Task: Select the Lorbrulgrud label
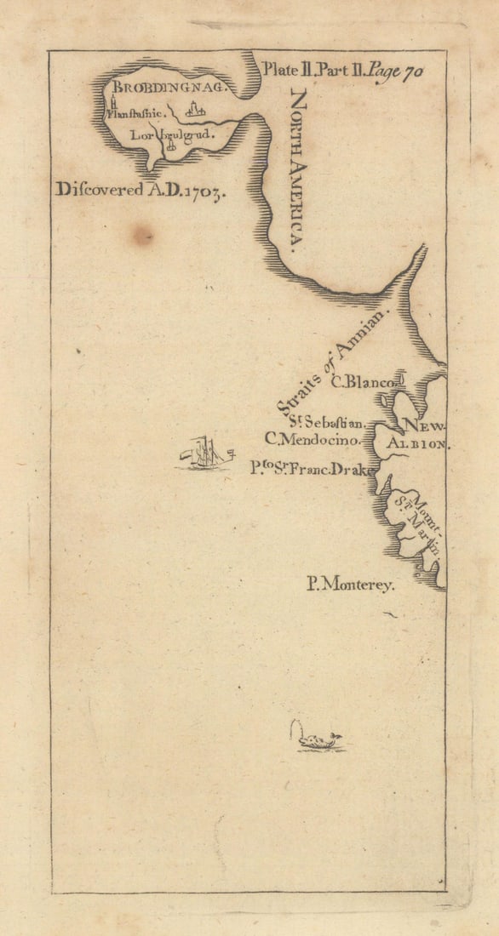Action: point(169,134)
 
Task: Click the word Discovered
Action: point(99,189)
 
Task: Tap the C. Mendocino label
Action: point(313,440)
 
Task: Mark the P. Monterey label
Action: point(351,585)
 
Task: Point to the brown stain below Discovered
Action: point(142,235)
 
